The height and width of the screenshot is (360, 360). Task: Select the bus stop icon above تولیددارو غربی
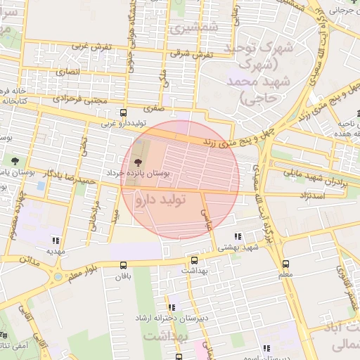(x=124, y=113)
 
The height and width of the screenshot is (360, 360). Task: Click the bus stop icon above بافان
(x=124, y=265)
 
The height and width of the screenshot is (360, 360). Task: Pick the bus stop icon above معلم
(x=285, y=264)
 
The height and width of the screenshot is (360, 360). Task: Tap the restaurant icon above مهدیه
(x=56, y=240)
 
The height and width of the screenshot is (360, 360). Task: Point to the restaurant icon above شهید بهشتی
(x=238, y=237)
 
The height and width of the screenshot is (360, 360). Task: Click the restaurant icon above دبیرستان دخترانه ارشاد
(x=172, y=307)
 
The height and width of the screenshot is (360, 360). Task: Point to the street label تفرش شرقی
(x=191, y=54)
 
